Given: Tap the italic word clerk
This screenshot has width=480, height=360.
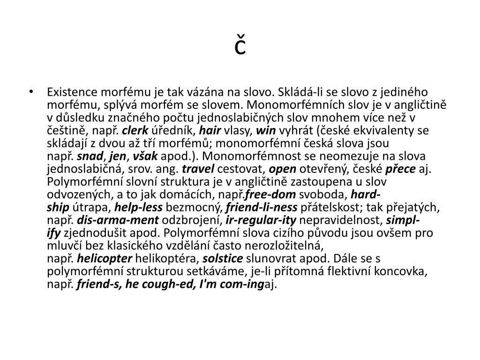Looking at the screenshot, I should point(135,130).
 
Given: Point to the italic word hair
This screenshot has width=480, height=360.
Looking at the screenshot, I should point(210,130).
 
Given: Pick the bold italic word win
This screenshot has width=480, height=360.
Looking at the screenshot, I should point(266,130).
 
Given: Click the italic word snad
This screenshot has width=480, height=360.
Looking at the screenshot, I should point(87,156).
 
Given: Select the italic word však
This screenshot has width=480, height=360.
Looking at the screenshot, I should point(146,156).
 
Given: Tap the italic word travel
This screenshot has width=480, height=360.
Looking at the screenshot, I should point(198,169).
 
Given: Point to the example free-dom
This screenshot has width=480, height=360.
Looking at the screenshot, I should point(270,195).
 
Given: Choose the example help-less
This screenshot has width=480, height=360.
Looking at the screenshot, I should point(138,207).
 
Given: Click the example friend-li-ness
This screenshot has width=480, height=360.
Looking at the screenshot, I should point(261,207).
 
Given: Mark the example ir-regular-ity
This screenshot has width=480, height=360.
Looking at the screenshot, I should point(261,220).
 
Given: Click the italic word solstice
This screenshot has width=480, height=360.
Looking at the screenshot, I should point(223,259).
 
